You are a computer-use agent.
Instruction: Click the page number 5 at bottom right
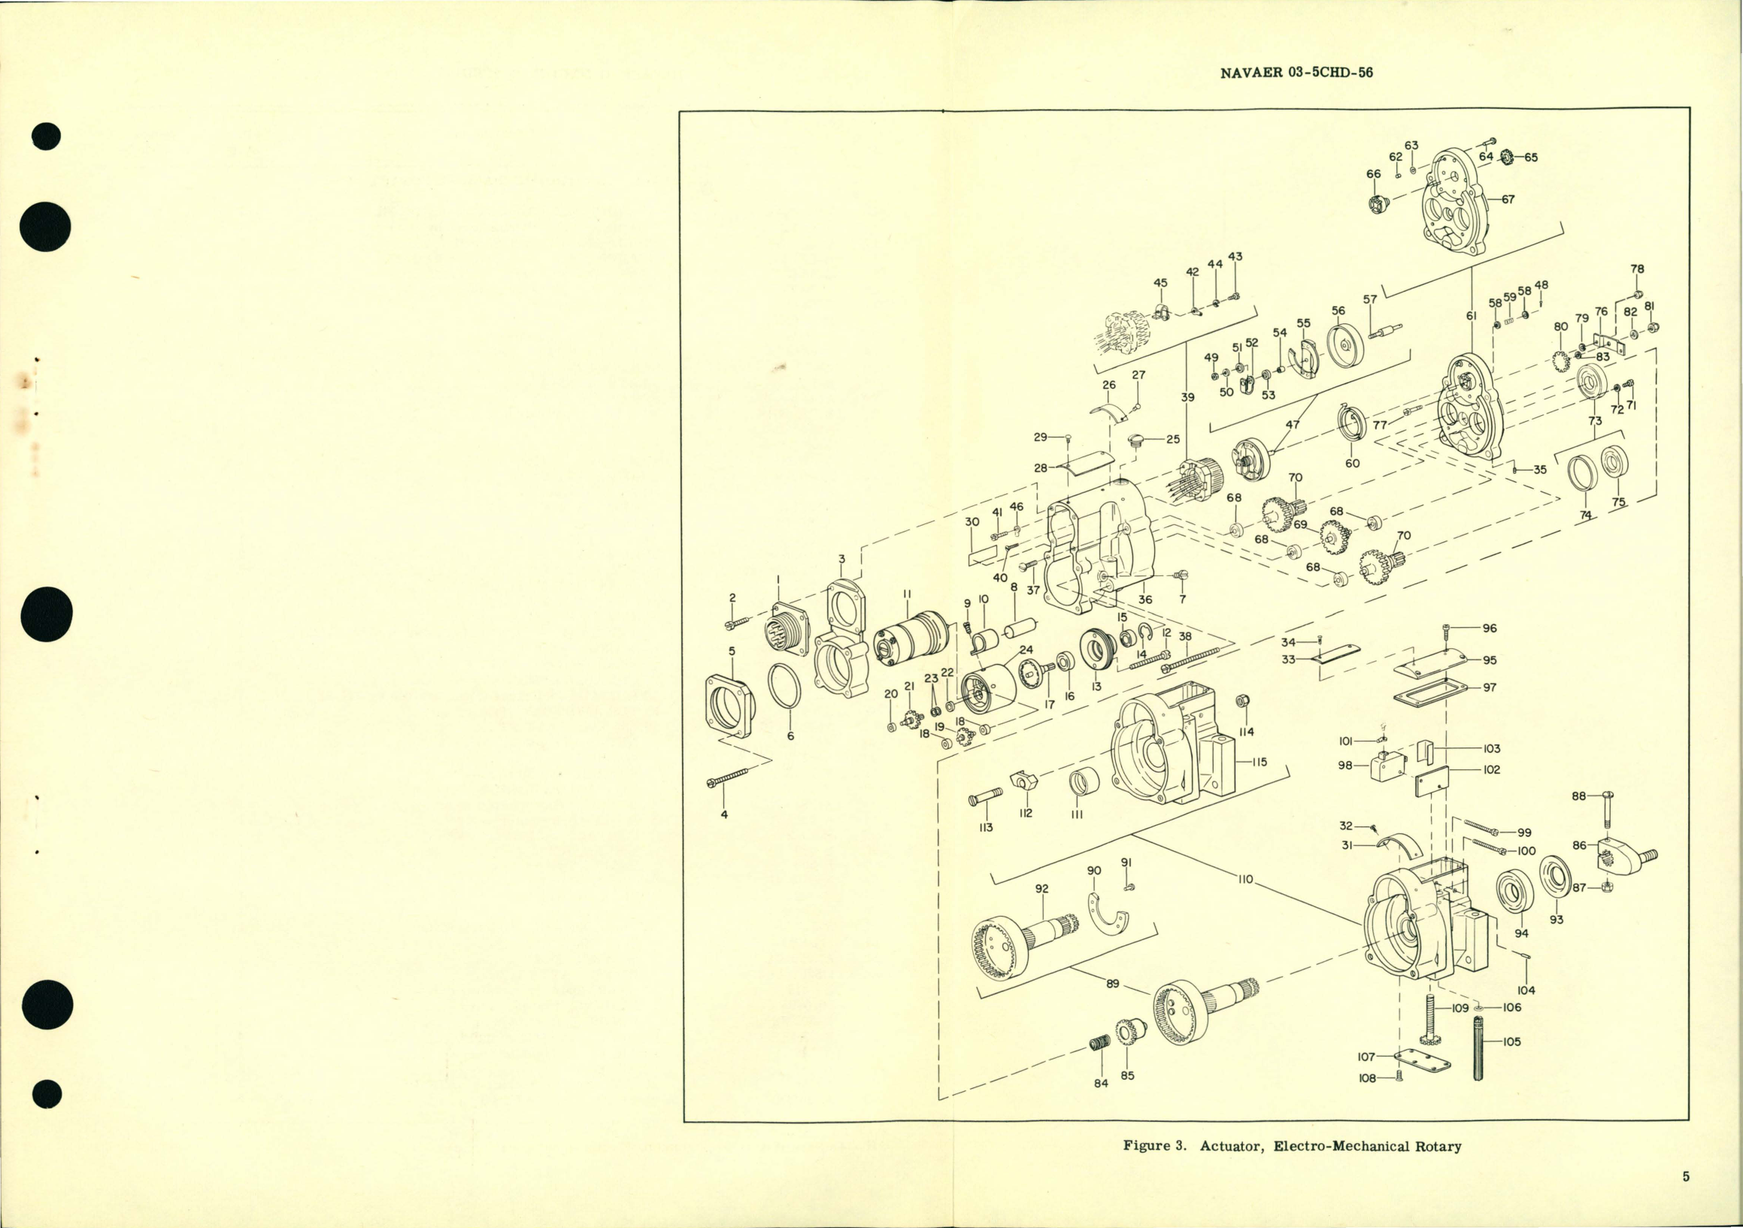pos(1685,1177)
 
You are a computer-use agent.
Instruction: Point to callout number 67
pos(1507,199)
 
